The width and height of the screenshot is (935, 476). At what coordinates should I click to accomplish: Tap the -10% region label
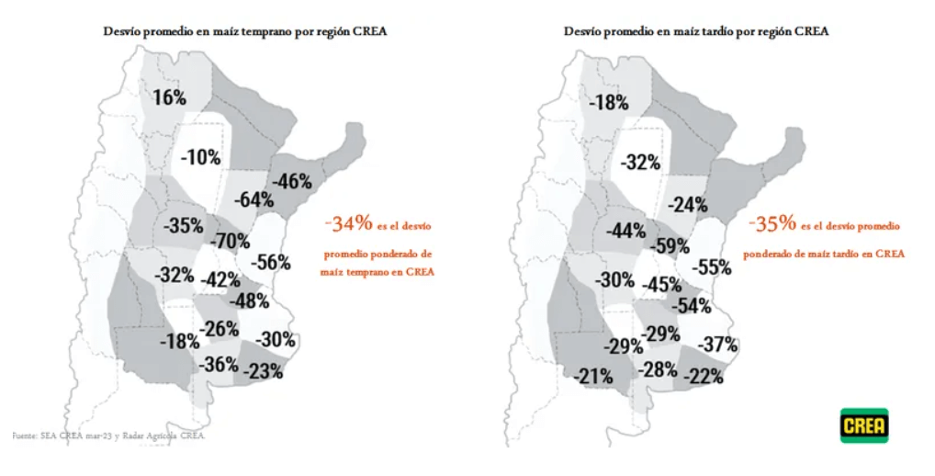[x=200, y=157]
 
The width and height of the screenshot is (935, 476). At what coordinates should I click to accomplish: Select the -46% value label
[x=292, y=181]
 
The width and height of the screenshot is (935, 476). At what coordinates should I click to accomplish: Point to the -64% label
[x=253, y=199]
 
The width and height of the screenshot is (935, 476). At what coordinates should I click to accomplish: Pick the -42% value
[x=220, y=279]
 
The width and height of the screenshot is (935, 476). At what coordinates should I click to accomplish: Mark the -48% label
[x=248, y=300]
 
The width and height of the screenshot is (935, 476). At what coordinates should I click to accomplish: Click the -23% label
[x=263, y=371]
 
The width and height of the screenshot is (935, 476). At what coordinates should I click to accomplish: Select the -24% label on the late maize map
[x=688, y=205]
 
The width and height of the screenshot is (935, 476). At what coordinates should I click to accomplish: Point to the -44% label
[x=625, y=231]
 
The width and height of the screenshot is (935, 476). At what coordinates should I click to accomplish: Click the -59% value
[x=670, y=246]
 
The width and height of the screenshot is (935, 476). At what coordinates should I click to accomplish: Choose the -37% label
[x=718, y=345]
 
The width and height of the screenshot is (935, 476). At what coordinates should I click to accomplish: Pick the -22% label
[x=704, y=376]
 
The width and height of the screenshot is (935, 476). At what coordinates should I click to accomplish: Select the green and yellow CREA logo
[x=864, y=425]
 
